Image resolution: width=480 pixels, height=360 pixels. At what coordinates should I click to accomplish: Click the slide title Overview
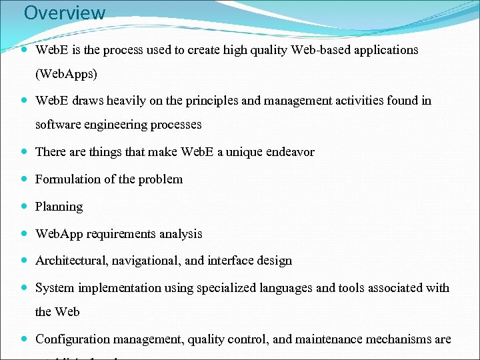pos(65,13)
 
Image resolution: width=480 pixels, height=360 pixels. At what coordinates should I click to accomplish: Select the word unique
pos(246,151)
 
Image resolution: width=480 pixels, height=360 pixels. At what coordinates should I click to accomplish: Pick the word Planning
pos(59,207)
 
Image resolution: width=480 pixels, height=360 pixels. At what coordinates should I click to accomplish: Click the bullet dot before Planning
pos(24,207)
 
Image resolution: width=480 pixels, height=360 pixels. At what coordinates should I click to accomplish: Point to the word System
pos(55,288)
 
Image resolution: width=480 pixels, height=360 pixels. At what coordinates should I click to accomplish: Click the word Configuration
pos(74,339)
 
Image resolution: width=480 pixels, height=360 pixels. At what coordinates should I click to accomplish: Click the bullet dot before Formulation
pos(24,179)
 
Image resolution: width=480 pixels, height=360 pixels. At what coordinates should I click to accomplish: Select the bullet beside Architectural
pos(24,261)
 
